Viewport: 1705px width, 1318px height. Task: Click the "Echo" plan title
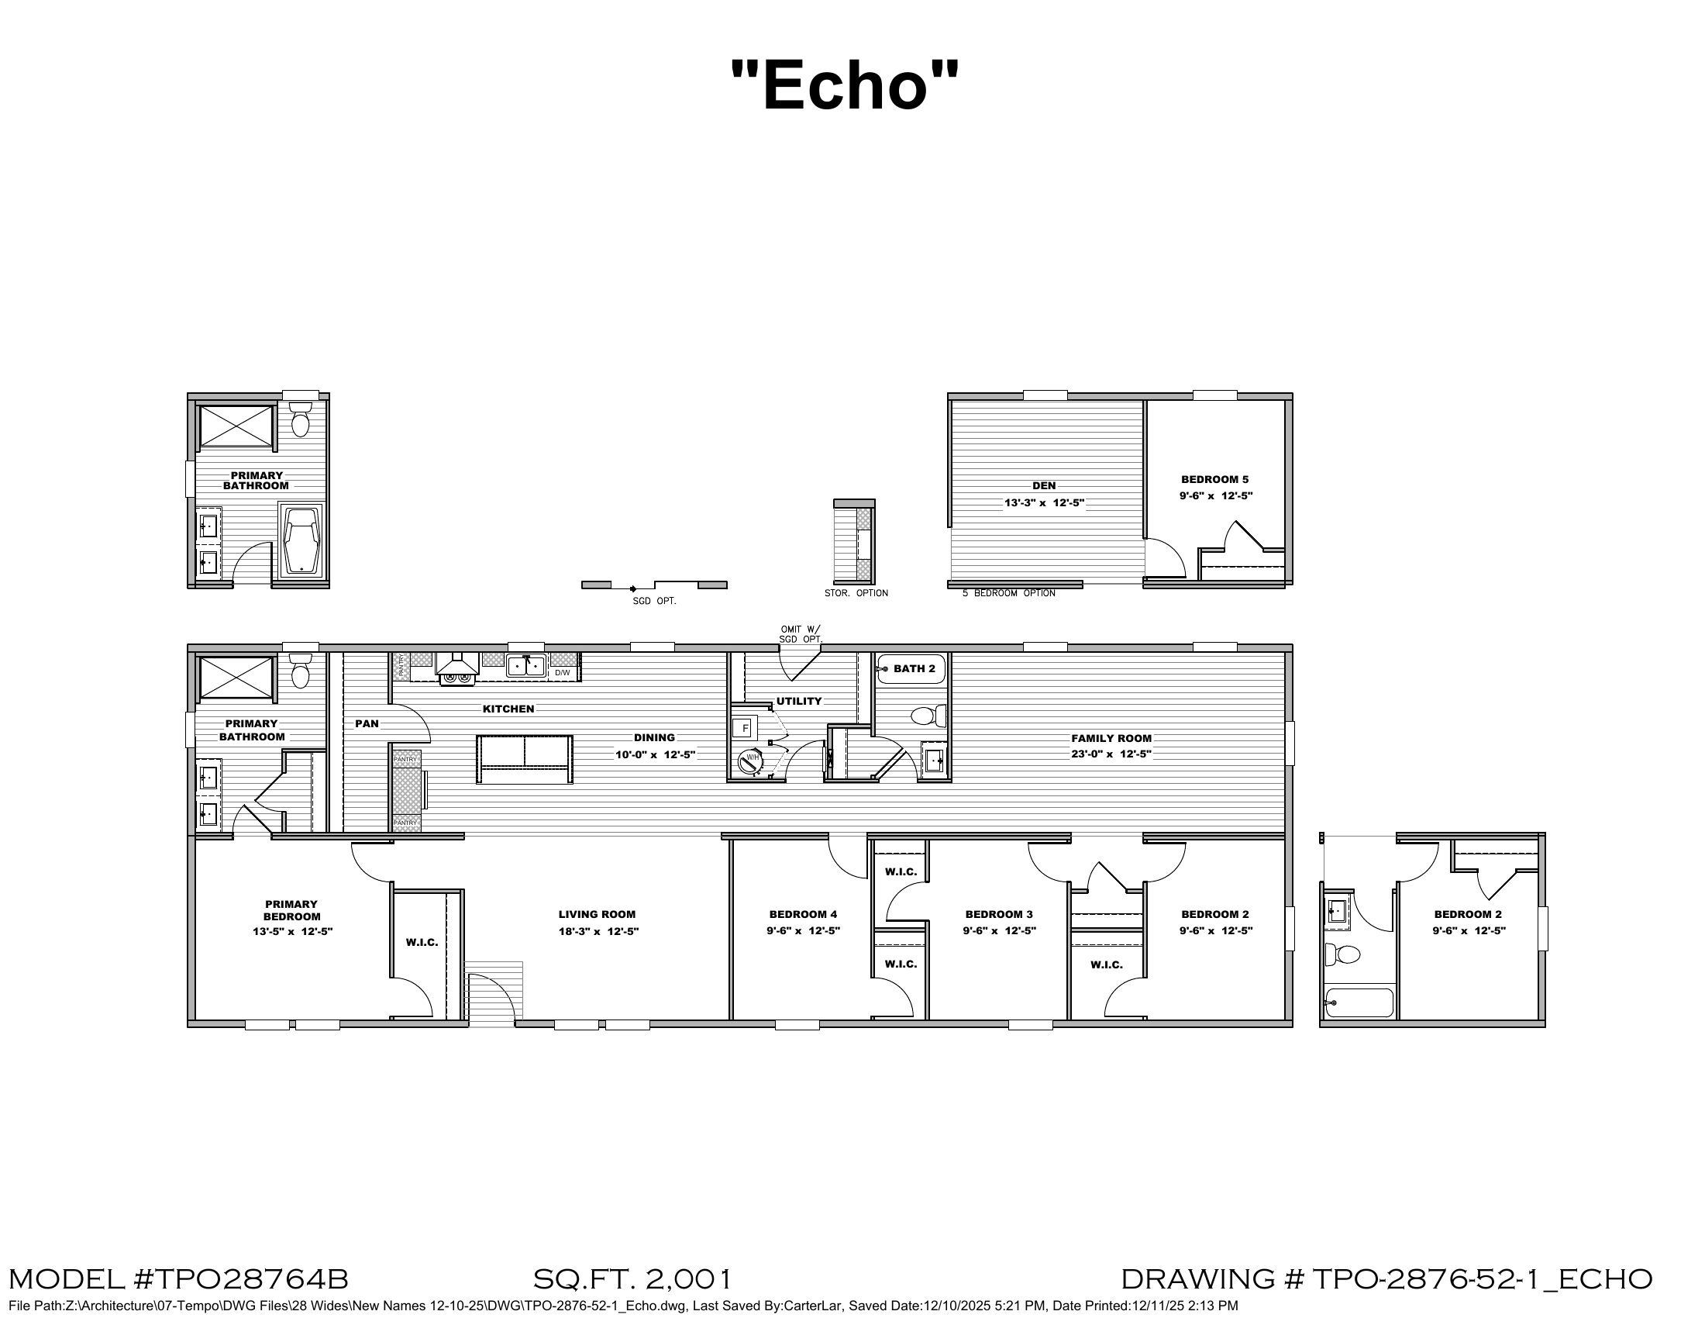pyautogui.click(x=845, y=85)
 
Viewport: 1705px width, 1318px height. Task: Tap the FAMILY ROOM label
pyautogui.click(x=1111, y=738)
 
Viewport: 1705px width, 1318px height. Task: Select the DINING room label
pyautogui.click(x=654, y=737)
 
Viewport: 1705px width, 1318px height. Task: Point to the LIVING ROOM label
pyautogui.click(x=598, y=914)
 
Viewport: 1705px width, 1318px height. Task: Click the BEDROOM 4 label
pyautogui.click(x=804, y=914)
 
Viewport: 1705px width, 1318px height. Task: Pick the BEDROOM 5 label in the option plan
pyautogui.click(x=1214, y=479)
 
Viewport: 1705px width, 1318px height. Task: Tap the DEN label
pyautogui.click(x=1044, y=485)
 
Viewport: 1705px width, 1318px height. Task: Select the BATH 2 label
pyautogui.click(x=914, y=668)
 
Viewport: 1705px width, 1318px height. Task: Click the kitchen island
pyautogui.click(x=525, y=759)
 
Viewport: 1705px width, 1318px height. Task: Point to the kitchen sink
pyautogui.click(x=525, y=666)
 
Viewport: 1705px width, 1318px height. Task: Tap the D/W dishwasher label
pyautogui.click(x=563, y=672)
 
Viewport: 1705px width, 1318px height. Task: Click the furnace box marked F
pyautogui.click(x=745, y=729)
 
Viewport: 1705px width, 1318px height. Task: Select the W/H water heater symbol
pyautogui.click(x=751, y=761)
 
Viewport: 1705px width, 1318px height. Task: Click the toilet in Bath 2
pyautogui.click(x=928, y=716)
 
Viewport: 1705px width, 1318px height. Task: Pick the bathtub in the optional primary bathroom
pyautogui.click(x=301, y=541)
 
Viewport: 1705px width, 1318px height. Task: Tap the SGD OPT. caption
pyautogui.click(x=654, y=601)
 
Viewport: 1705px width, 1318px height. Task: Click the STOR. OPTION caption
pyautogui.click(x=856, y=593)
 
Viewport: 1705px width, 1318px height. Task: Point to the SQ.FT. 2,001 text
pyautogui.click(x=633, y=1279)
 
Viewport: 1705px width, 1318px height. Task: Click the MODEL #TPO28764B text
pyautogui.click(x=179, y=1279)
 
